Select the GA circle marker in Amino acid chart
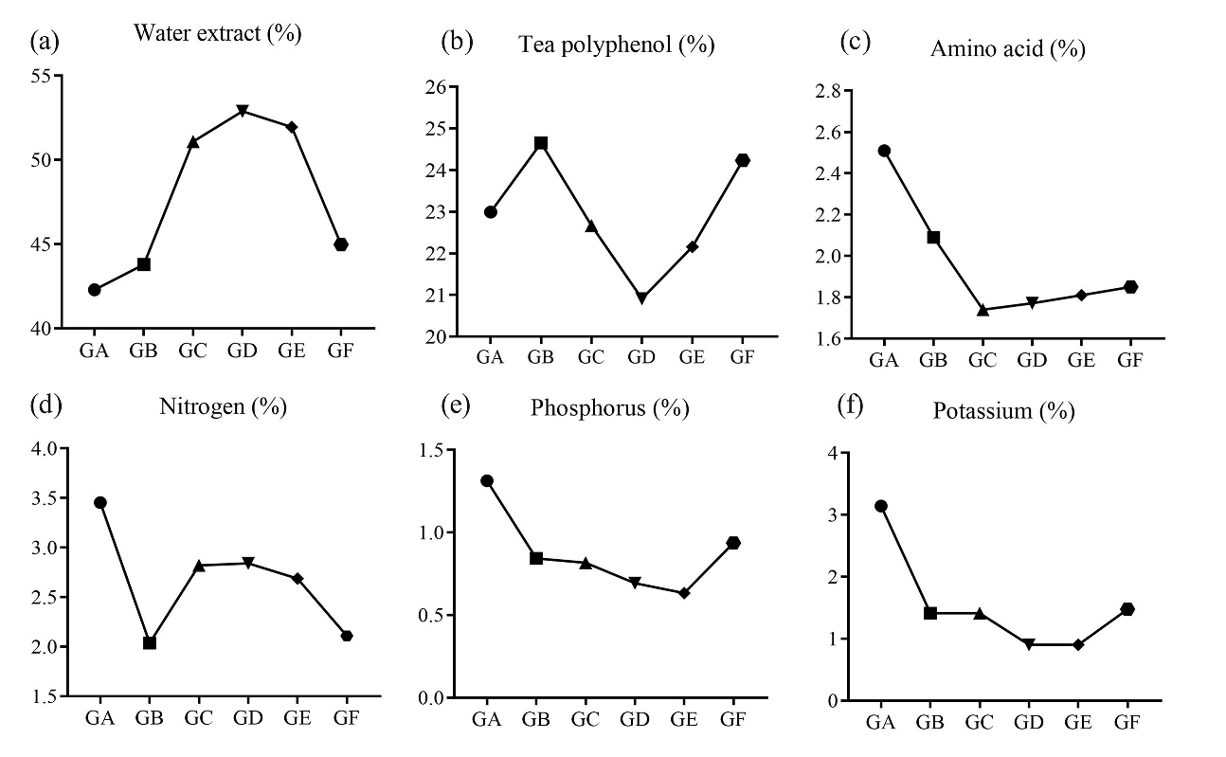[884, 151]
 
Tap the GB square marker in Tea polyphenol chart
[541, 143]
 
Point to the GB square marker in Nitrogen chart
[150, 642]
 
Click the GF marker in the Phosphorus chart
[732, 543]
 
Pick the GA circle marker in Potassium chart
[881, 506]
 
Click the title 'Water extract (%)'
[217, 33]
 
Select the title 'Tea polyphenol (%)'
[616, 44]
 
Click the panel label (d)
[46, 407]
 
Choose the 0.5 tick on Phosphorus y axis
[429, 615]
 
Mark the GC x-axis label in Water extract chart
[192, 351]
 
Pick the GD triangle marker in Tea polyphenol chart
[641, 297]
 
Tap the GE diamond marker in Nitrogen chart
[297, 578]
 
